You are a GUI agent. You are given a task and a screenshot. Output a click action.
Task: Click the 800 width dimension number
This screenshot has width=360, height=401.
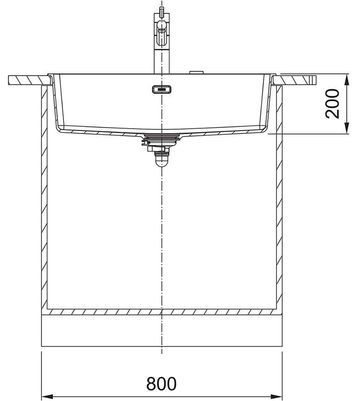click(x=161, y=383)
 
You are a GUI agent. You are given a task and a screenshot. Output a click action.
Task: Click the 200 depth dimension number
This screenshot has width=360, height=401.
click(x=332, y=104)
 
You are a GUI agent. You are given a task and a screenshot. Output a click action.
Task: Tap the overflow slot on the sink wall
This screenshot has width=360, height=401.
click(x=162, y=90)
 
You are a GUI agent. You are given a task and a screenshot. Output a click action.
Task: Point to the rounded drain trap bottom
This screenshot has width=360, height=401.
click(x=162, y=162)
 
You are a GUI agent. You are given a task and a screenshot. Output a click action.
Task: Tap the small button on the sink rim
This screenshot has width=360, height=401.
click(x=196, y=73)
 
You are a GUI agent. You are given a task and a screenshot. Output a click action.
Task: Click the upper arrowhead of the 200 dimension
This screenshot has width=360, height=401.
click(x=346, y=80)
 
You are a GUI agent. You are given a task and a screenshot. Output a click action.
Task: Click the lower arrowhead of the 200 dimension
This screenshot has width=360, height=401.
click(x=346, y=128)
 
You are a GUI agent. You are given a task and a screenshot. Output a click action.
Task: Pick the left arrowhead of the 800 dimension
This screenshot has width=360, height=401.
click(x=47, y=396)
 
